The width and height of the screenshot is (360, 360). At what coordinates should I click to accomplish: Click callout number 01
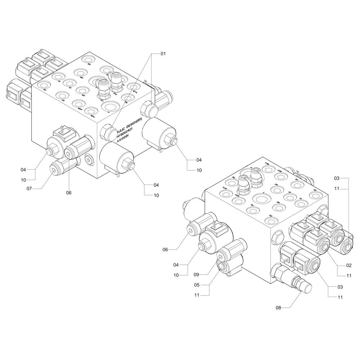[163, 54]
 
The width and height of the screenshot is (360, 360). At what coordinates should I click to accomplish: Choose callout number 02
[338, 265]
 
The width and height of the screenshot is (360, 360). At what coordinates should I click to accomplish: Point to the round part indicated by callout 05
[222, 267]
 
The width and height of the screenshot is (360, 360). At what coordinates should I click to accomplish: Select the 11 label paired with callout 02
[338, 276]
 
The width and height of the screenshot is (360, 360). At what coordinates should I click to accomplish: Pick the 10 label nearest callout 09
[176, 275]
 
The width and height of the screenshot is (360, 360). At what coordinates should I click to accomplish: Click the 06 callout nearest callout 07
[69, 193]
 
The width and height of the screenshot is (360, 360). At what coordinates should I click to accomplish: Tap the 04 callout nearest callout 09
[176, 265]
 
